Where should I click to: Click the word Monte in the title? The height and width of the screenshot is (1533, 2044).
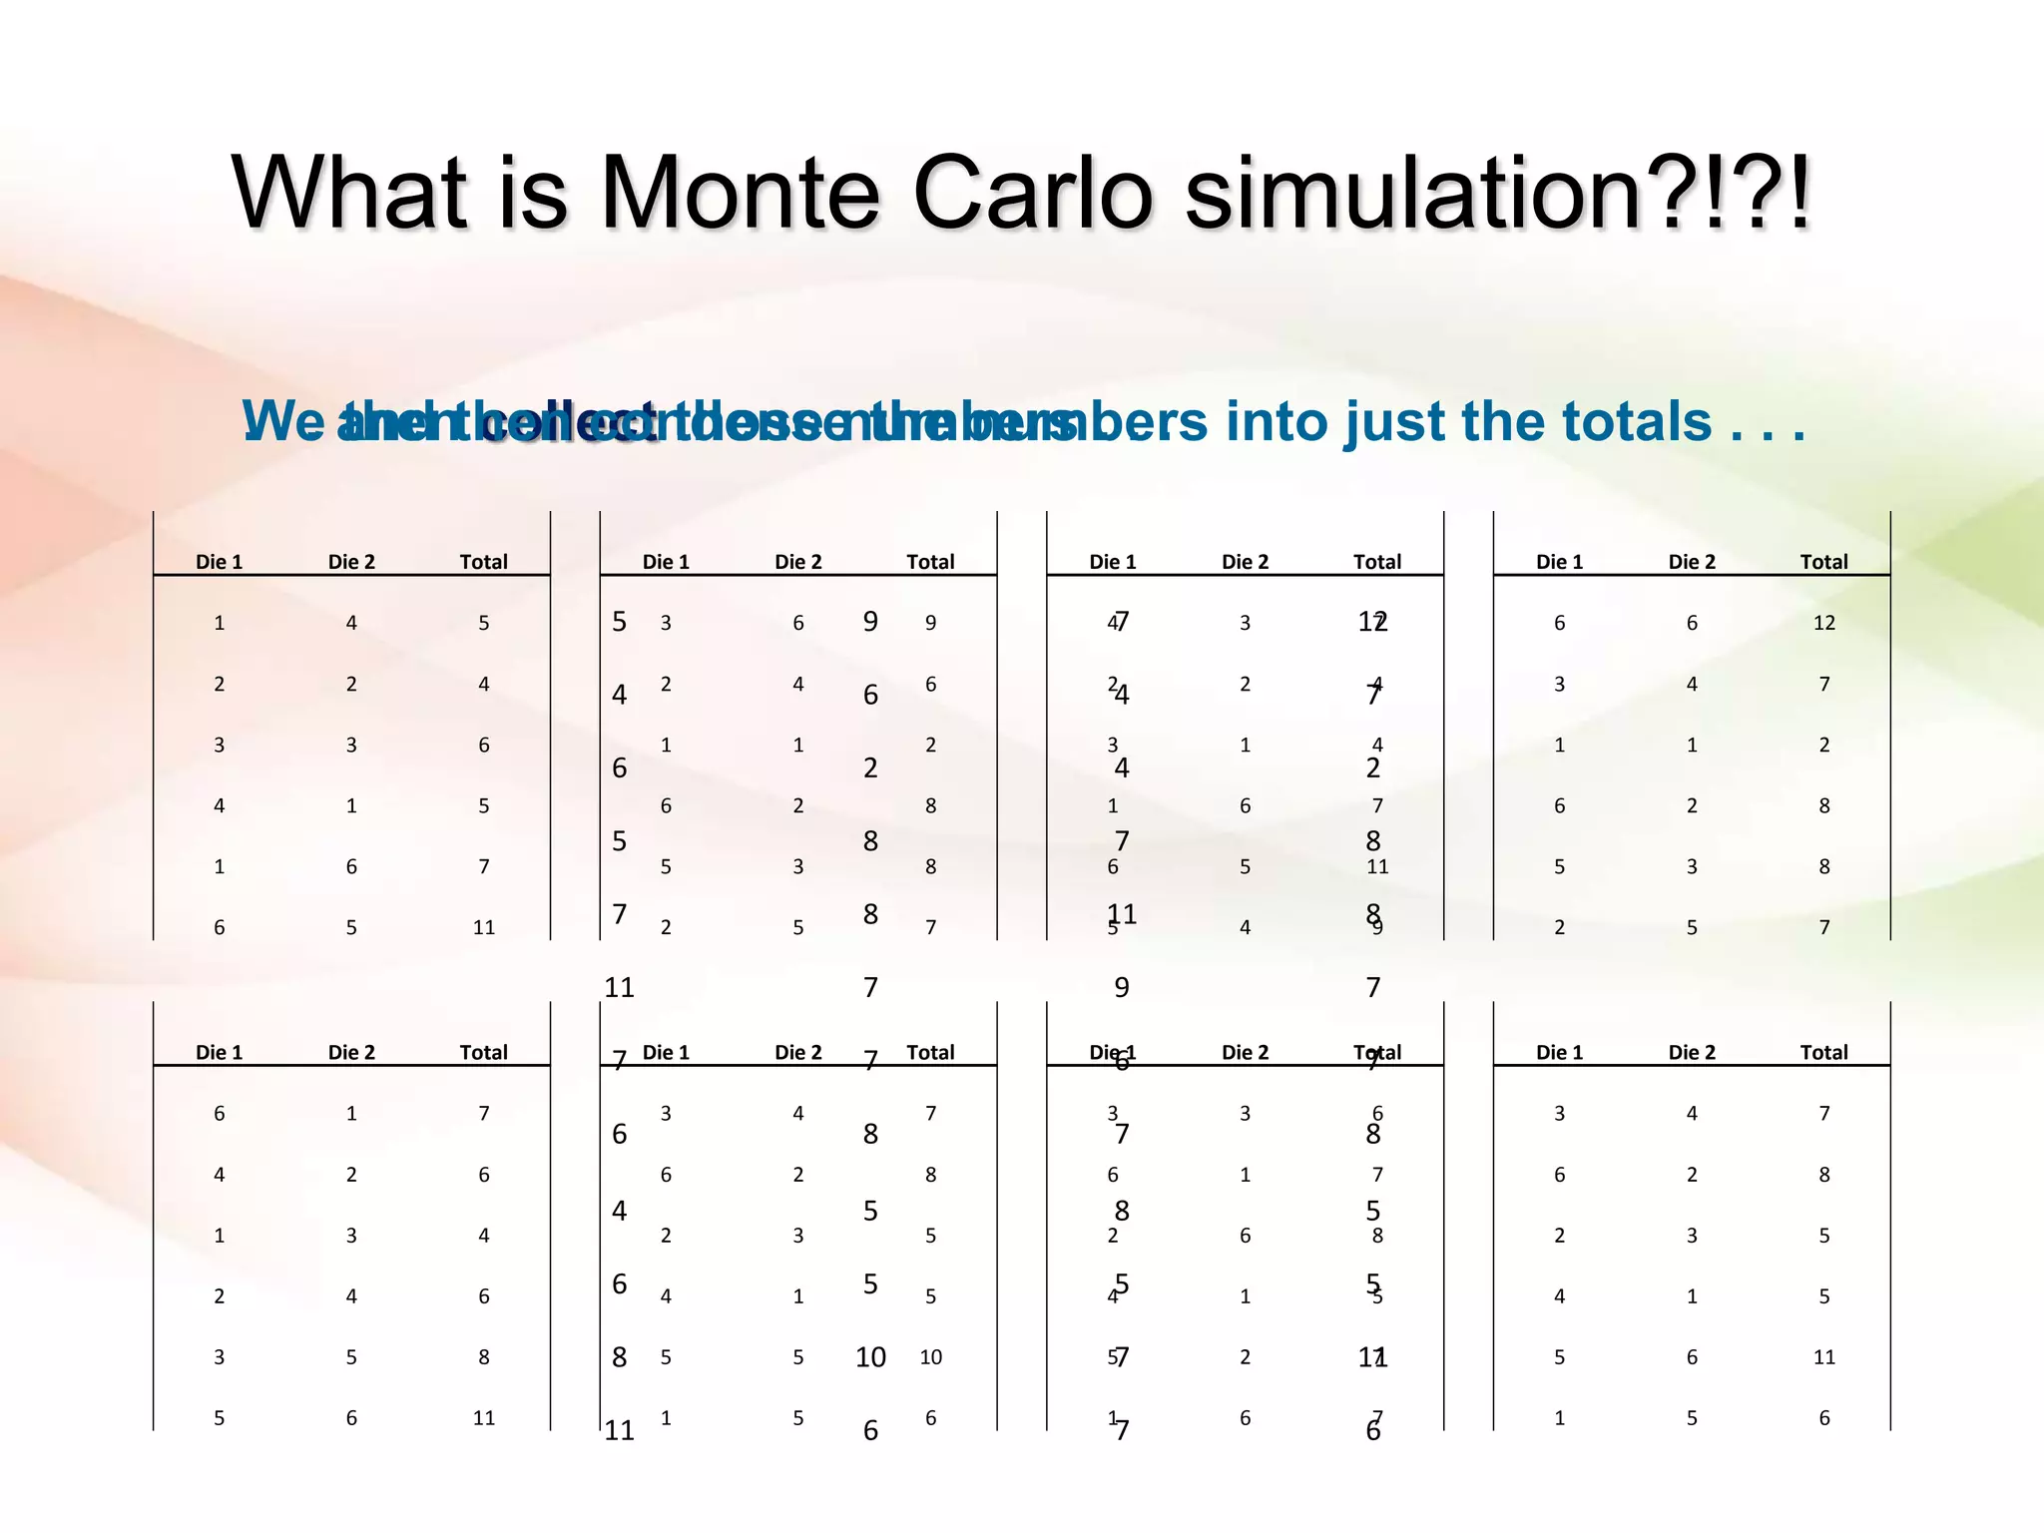click(x=740, y=192)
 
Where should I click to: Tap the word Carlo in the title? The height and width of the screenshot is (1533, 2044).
click(x=1033, y=192)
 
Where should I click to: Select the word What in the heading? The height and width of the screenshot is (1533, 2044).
click(x=348, y=192)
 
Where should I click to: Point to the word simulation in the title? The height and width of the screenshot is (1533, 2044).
click(x=1417, y=192)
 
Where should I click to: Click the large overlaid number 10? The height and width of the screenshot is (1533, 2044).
click(x=870, y=1357)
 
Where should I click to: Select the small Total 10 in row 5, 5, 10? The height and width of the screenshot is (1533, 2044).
click(x=930, y=1357)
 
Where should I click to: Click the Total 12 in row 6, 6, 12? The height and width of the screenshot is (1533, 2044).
click(x=1823, y=623)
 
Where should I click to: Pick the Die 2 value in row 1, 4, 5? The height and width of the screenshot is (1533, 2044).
click(x=351, y=623)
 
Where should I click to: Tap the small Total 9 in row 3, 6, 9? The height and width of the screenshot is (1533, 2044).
click(x=930, y=623)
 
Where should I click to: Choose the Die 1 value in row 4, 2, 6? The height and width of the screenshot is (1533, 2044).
click(x=219, y=1175)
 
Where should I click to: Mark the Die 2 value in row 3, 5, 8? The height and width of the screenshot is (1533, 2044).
click(x=351, y=1357)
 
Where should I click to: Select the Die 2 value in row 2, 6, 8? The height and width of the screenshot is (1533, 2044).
click(x=1245, y=1236)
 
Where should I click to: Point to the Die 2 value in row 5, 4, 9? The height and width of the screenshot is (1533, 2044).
click(x=1245, y=927)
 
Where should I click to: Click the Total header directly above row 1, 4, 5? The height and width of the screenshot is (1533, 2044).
click(x=484, y=562)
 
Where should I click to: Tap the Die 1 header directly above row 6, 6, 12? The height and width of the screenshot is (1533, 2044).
click(x=1559, y=562)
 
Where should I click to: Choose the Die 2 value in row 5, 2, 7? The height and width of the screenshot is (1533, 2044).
click(x=1245, y=1357)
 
